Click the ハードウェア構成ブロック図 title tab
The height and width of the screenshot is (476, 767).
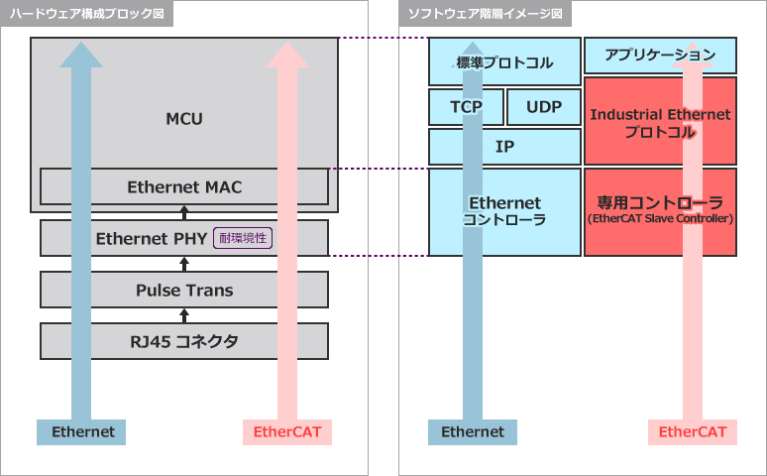point(87,14)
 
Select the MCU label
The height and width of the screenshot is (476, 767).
point(184,119)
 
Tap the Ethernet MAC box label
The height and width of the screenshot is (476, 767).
point(184,186)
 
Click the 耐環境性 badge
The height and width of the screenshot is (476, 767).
point(243,238)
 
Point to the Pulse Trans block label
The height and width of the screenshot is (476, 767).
point(184,290)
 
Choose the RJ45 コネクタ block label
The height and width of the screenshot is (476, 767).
point(184,341)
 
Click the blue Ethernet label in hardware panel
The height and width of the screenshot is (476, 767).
point(83,432)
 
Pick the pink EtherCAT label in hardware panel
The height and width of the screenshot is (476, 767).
point(286,432)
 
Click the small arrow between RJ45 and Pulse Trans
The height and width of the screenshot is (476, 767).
point(184,315)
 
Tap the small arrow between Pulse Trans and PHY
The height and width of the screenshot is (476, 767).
point(184,264)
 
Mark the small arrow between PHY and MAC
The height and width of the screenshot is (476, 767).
point(184,211)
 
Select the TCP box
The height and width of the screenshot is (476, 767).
point(466,107)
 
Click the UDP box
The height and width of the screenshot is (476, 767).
point(543,107)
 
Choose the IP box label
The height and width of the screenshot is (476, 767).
point(504,146)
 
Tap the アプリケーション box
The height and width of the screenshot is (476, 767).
point(660,56)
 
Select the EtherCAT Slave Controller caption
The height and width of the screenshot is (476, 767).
point(660,218)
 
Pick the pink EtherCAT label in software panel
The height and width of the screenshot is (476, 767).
point(692,432)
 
